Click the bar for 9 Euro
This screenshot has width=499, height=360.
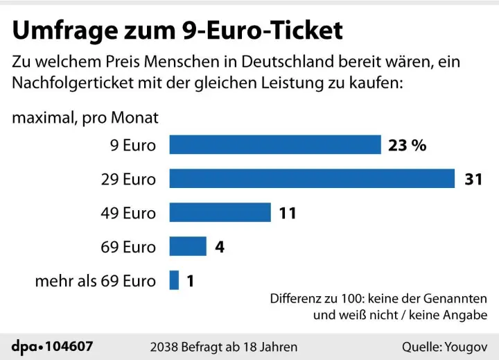pyautogui.click(x=275, y=144)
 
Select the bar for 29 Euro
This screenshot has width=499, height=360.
pyautogui.click(x=311, y=178)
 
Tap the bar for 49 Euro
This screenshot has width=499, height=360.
pyautogui.click(x=220, y=212)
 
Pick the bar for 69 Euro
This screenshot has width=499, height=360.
pyautogui.click(x=188, y=246)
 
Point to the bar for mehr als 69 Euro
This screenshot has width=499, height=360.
pyautogui.click(x=174, y=280)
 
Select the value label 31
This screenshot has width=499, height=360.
pyautogui.click(x=473, y=179)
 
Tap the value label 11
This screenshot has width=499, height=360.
pyautogui.click(x=287, y=213)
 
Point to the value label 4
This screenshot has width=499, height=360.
pyautogui.click(x=220, y=247)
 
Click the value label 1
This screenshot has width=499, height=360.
pyautogui.click(x=190, y=281)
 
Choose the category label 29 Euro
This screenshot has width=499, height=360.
pyautogui.click(x=128, y=179)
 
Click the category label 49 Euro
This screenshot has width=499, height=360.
pyautogui.click(x=128, y=213)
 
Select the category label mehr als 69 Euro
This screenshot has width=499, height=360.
pyautogui.click(x=96, y=281)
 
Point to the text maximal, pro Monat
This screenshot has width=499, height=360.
pyautogui.click(x=85, y=117)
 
